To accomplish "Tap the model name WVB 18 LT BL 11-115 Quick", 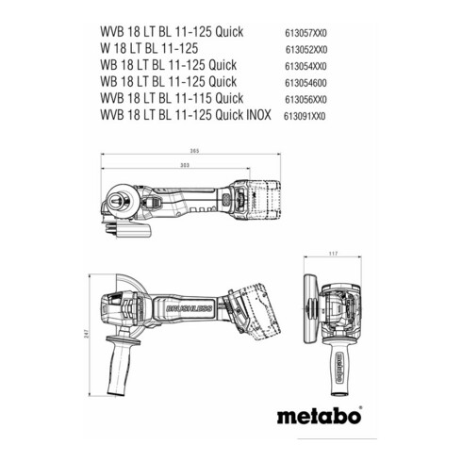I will pos(176,98).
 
